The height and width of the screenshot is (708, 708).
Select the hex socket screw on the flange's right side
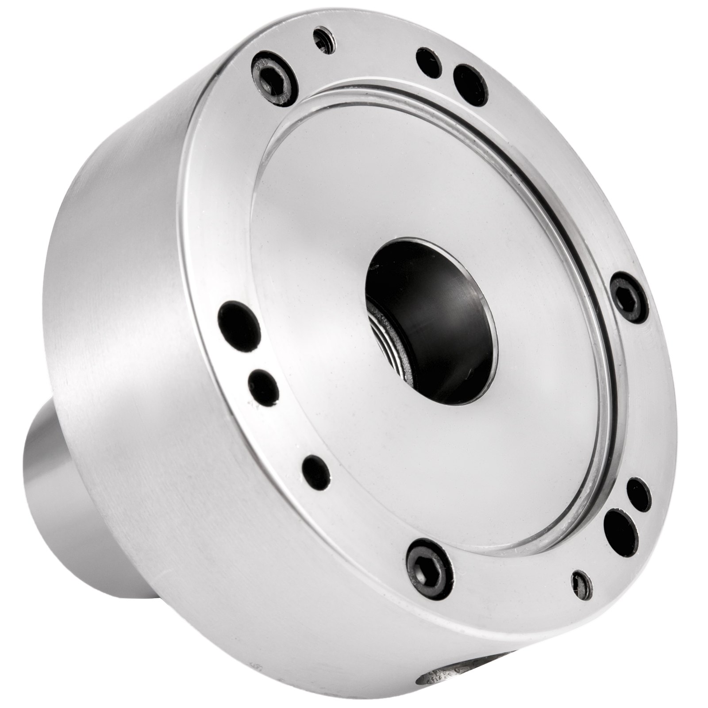click(x=629, y=297)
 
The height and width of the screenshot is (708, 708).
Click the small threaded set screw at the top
click(x=324, y=40)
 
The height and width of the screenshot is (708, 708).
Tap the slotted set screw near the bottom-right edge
click(x=581, y=586)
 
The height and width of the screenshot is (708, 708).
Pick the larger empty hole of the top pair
click(x=470, y=85)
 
